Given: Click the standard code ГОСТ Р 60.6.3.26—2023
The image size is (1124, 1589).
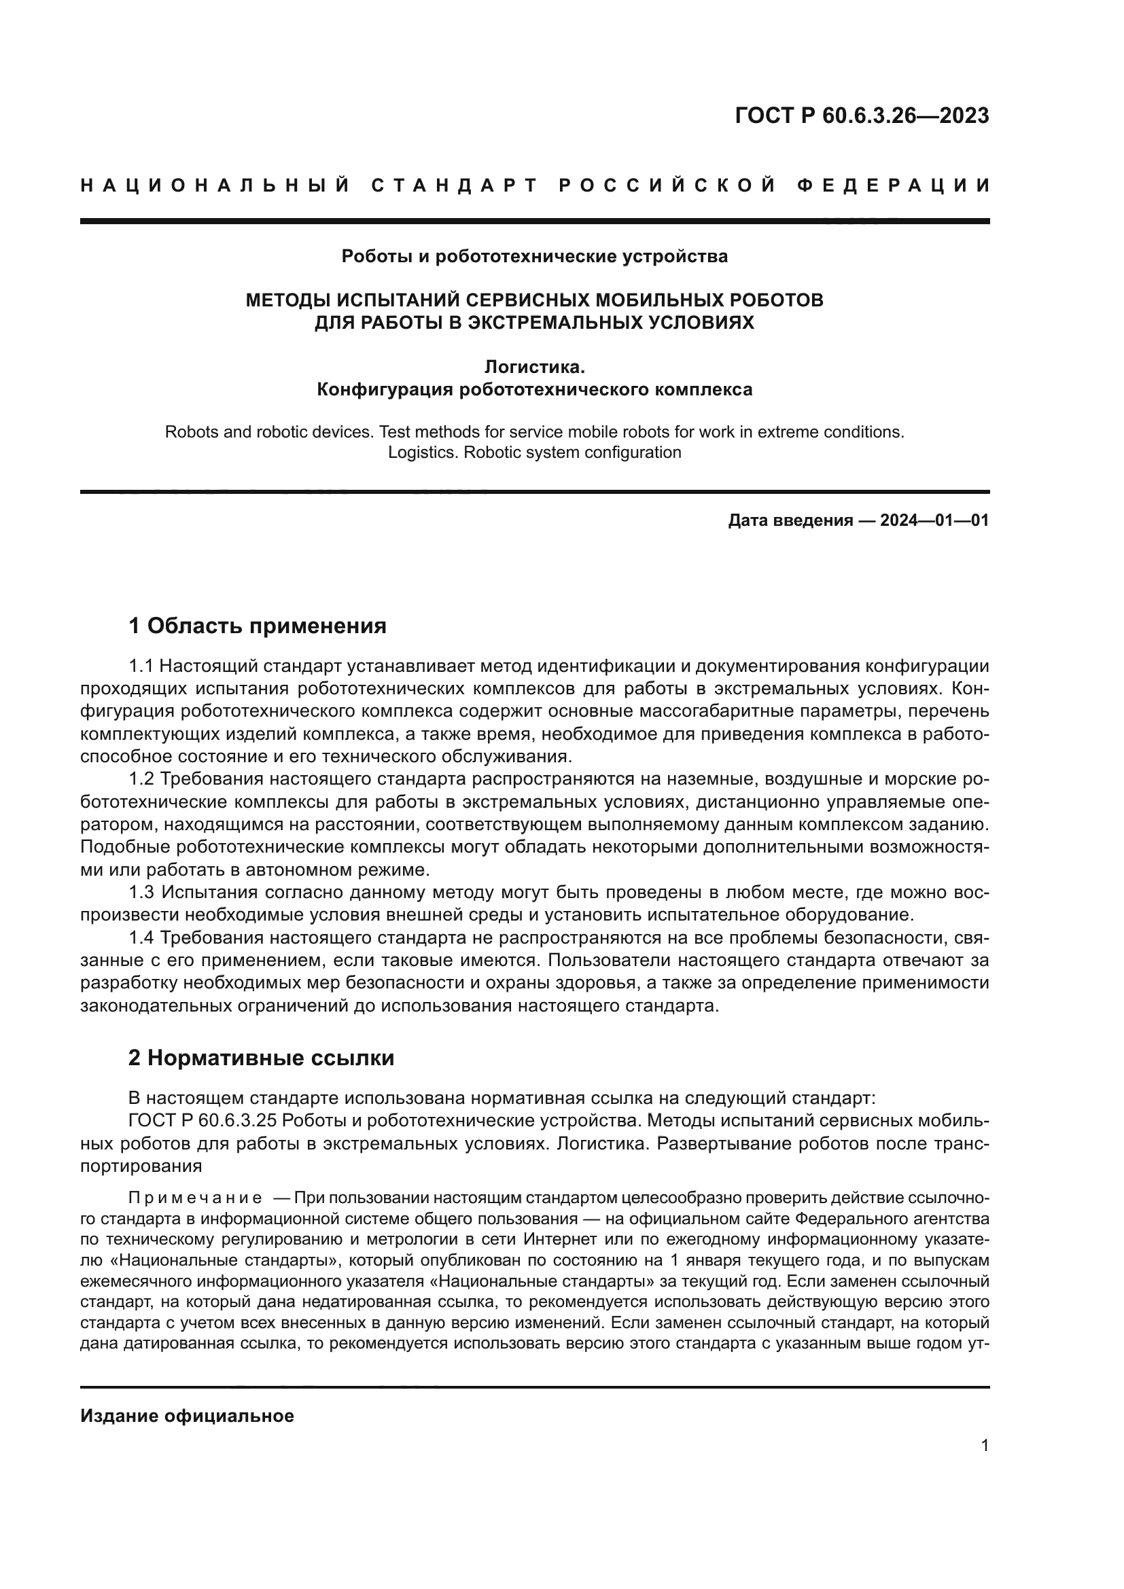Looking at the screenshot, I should coord(862,115).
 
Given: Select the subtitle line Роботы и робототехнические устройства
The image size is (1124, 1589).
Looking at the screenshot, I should coord(534,257).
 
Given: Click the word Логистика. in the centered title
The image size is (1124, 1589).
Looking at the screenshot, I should coord(534,367).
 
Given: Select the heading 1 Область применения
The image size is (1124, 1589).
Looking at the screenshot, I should coord(258,626).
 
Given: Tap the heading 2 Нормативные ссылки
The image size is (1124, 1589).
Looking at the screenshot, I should coord(262,1058).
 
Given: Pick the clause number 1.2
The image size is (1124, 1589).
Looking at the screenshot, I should coord(141,779).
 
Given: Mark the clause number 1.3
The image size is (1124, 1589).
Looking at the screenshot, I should coord(141,893).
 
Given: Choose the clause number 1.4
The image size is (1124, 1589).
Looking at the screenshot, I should coord(141,938).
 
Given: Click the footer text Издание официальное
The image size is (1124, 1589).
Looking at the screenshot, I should coord(187,1416).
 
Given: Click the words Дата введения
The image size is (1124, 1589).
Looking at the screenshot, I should coord(790,520).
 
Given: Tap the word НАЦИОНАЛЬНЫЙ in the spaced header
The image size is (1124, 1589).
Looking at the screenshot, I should coord(215,185).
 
